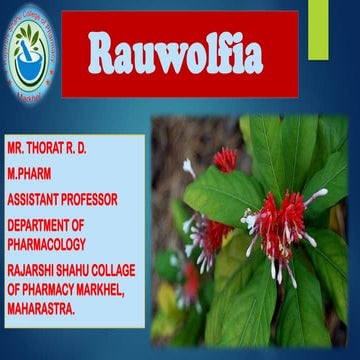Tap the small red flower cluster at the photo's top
[x=226, y=158]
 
